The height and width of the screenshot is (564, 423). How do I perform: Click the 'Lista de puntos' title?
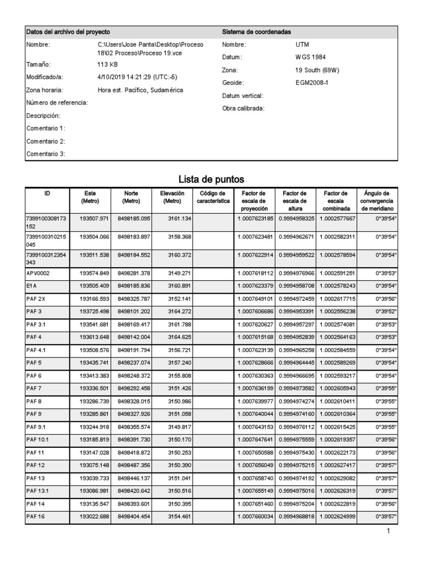point(211,180)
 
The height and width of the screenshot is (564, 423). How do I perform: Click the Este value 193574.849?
point(94,273)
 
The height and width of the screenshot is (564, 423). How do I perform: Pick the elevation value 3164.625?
point(179,337)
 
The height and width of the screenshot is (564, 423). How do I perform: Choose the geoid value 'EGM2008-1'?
point(312,82)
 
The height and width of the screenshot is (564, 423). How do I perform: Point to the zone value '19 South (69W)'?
point(317,70)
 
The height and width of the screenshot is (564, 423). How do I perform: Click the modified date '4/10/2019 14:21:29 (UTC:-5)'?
point(137,77)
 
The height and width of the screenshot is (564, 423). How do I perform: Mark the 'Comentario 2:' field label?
point(46,142)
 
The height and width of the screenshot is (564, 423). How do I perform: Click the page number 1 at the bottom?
point(389,532)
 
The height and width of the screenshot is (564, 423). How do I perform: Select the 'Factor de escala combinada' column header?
point(336,201)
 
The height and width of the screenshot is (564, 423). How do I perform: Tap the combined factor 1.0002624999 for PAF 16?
point(338,517)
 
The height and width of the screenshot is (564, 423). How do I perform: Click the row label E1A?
point(31,286)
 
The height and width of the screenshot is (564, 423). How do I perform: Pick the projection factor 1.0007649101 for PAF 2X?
point(255,299)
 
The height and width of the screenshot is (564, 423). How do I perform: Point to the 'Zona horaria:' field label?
point(44,90)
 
